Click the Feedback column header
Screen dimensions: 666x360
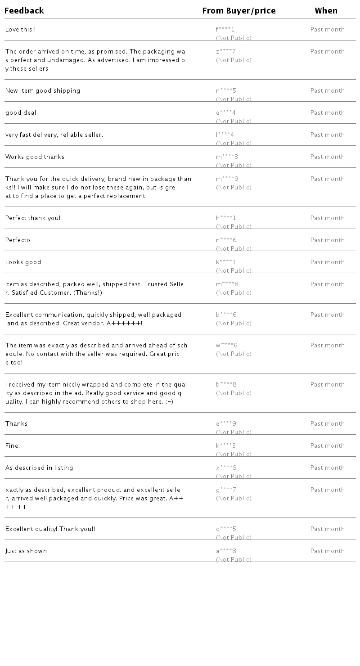pyautogui.click(x=24, y=11)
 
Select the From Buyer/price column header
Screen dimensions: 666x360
pyautogui.click(x=239, y=11)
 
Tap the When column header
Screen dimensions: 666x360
pyautogui.click(x=326, y=11)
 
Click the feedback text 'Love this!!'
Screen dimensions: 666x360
pyautogui.click(x=20, y=30)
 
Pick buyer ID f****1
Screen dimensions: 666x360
pyautogui.click(x=225, y=30)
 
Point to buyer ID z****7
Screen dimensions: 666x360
pyautogui.click(x=225, y=52)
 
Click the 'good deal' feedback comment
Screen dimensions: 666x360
pyautogui.click(x=21, y=113)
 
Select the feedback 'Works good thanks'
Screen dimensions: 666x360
pyautogui.click(x=35, y=157)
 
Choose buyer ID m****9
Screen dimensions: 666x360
pyautogui.click(x=227, y=179)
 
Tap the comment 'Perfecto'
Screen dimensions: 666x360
pyautogui.click(x=18, y=240)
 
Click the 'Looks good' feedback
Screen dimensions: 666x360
pyautogui.click(x=23, y=262)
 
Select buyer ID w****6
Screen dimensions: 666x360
pyautogui.click(x=226, y=346)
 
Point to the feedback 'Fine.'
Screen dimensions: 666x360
pyautogui.click(x=13, y=446)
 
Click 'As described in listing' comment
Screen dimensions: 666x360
pyautogui.click(x=39, y=468)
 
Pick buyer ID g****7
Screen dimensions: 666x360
pyautogui.click(x=226, y=490)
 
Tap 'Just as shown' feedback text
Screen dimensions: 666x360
pyautogui.click(x=26, y=551)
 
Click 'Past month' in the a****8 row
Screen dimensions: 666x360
pyautogui.click(x=327, y=551)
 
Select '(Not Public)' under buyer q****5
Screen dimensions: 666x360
pyautogui.click(x=234, y=538)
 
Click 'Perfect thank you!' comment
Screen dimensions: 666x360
pyautogui.click(x=33, y=218)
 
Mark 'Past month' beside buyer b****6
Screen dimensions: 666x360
pyautogui.click(x=327, y=315)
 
